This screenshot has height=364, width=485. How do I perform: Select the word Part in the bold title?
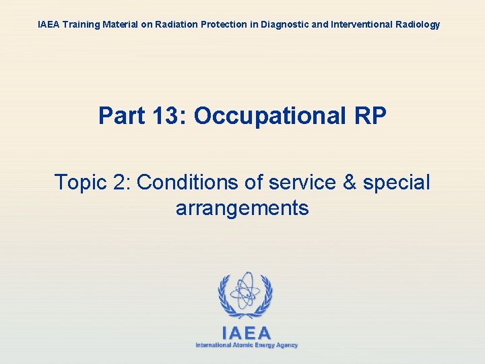point(122,115)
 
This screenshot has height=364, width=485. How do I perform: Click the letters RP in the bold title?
point(370,115)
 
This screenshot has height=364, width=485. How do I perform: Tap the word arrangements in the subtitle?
point(243,208)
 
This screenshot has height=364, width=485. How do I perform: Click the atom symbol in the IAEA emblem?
point(245,291)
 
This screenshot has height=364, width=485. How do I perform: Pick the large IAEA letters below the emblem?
point(246,333)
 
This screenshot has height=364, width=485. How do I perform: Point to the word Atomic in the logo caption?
point(241,345)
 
